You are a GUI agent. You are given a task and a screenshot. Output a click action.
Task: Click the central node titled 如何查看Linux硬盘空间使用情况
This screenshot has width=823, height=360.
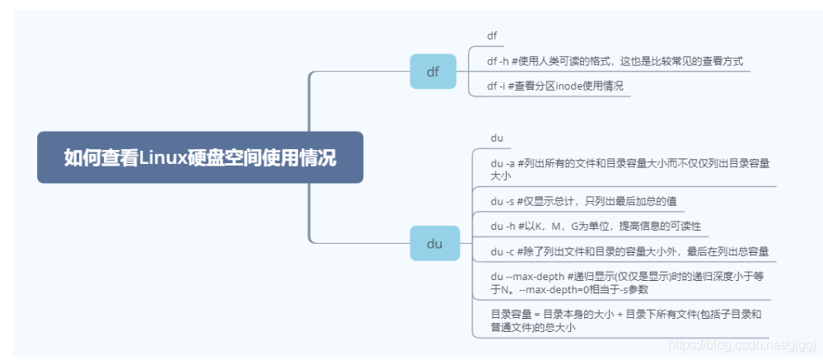tap(200, 157)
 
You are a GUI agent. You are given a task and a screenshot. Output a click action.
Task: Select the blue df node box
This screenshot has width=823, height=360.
tap(433, 72)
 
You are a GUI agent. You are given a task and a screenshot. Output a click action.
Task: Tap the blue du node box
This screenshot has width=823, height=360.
tap(434, 243)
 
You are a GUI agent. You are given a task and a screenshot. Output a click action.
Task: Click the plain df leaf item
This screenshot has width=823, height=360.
tap(492, 35)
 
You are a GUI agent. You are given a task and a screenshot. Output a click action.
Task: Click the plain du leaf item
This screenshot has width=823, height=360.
tap(497, 138)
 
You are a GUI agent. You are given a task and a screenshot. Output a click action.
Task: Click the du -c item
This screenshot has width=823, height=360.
tap(629, 251)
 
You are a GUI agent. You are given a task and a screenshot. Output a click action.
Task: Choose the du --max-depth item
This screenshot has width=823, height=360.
tap(625, 282)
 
